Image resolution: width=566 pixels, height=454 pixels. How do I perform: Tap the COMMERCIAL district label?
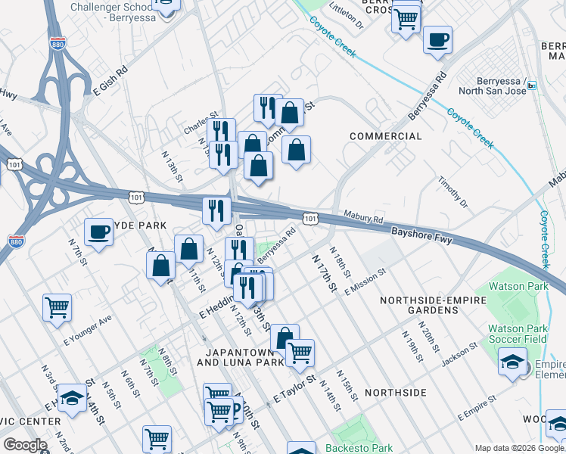pos(386,136)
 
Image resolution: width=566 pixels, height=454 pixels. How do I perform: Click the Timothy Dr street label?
pos(454,194)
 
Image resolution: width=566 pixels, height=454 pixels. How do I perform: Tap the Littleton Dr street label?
pos(347,15)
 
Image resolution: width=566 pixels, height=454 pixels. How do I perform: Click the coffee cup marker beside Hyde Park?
pos(98,233)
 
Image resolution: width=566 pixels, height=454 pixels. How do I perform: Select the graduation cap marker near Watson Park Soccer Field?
pos(512,362)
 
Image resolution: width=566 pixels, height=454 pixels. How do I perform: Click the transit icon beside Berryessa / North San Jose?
pos(531,86)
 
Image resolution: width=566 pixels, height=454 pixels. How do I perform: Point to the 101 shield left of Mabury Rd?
pos(311,218)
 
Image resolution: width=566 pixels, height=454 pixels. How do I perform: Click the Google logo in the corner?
pos(26,445)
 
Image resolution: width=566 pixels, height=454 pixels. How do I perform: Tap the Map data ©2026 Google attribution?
pos(519,448)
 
